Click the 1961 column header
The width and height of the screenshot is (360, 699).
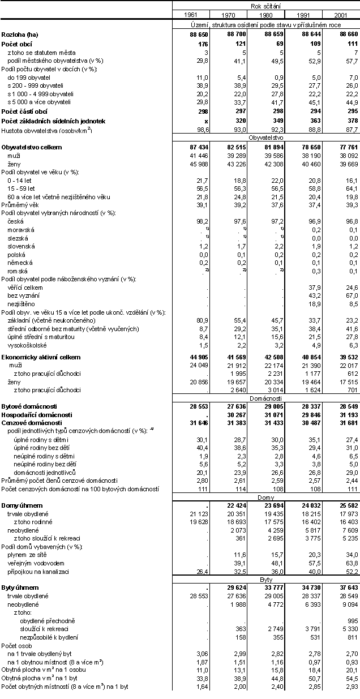point(190,14)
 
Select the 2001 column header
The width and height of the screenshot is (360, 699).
point(341,14)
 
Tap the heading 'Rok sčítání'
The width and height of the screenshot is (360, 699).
point(265,5)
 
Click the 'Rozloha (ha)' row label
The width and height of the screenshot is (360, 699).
point(20,35)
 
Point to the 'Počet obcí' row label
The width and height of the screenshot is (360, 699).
point(17,44)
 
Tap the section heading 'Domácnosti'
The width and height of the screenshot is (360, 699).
point(265,398)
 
